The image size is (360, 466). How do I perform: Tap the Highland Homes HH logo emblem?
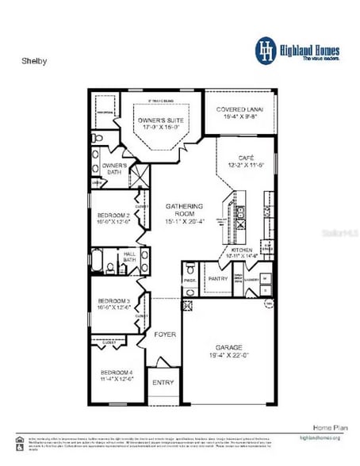[x=264, y=49]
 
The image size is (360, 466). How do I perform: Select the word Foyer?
[x=165, y=334]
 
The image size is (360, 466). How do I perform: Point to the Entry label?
[x=163, y=382]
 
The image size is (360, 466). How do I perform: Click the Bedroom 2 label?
[x=113, y=216]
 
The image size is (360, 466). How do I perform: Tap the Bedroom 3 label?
[x=113, y=301]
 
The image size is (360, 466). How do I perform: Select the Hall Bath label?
[x=129, y=257]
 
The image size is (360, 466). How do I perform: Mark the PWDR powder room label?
[x=190, y=280]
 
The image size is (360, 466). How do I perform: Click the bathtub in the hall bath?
[x=101, y=260]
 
